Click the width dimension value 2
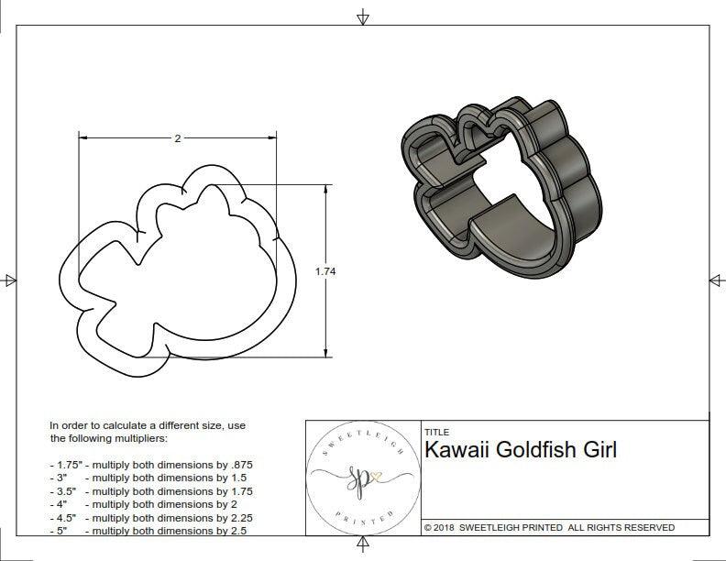(177, 138)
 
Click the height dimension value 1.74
(324, 271)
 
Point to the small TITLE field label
(436, 431)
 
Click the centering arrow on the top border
(363, 16)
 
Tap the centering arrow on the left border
(9, 280)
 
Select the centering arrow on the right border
(716, 280)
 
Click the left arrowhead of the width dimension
(82, 138)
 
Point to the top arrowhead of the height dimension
(326, 189)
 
